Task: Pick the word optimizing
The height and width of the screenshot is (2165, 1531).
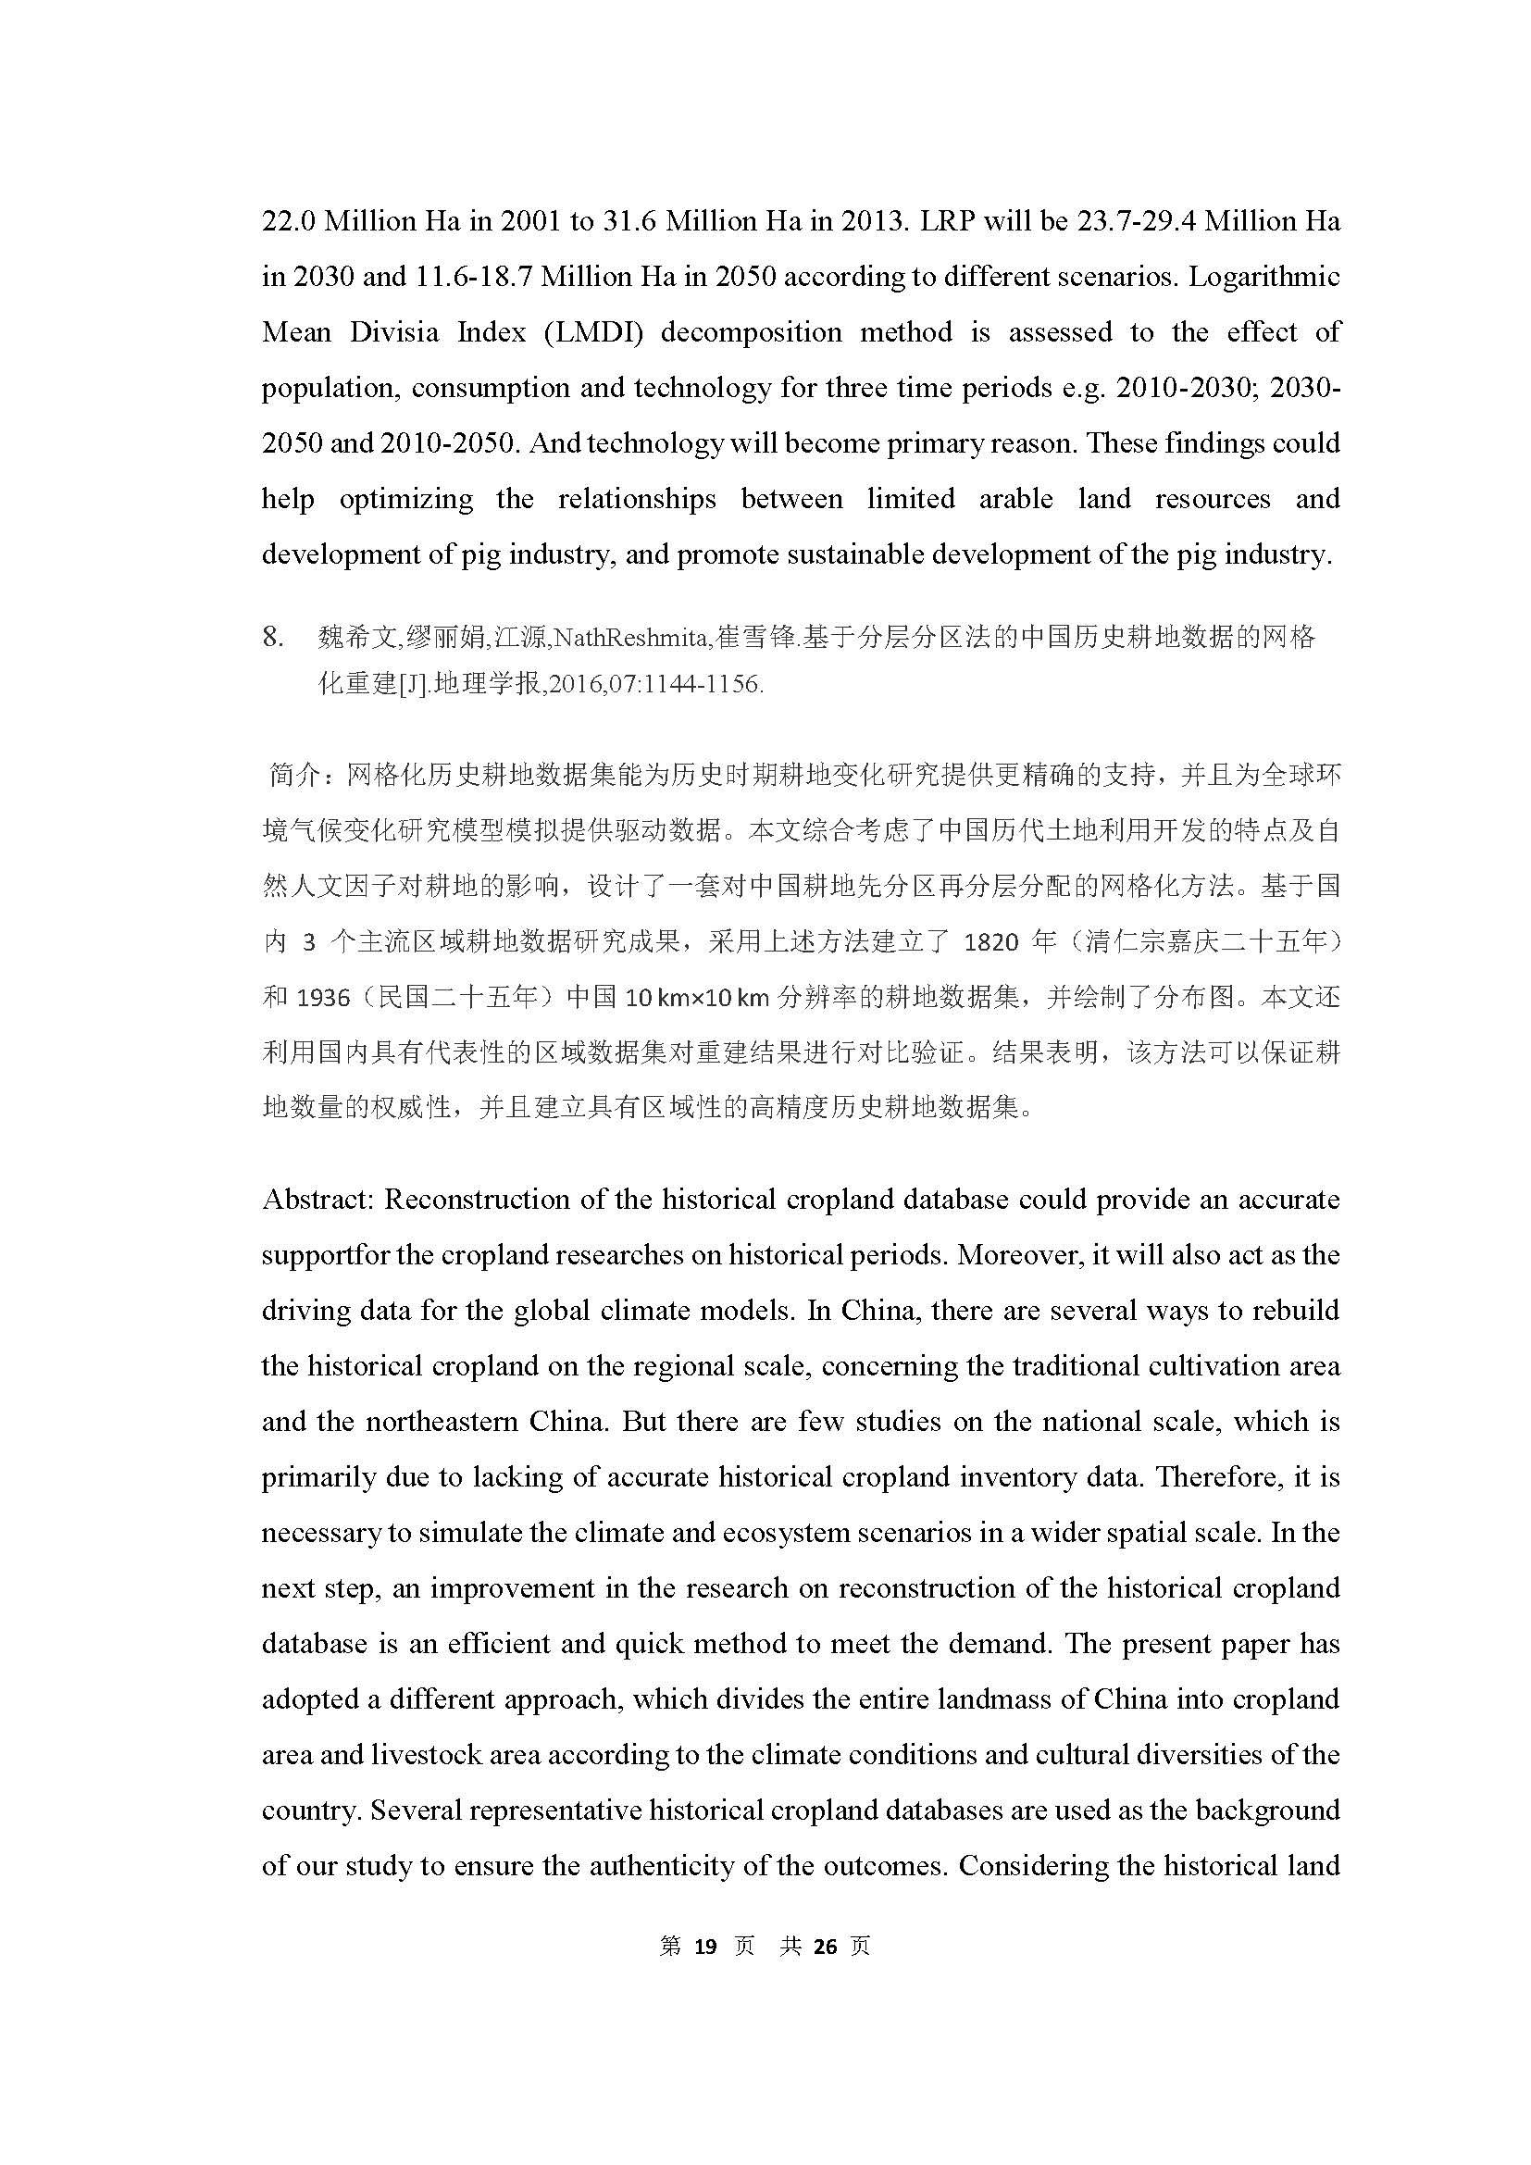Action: click(x=405, y=499)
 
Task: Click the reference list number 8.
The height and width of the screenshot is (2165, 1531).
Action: click(x=272, y=639)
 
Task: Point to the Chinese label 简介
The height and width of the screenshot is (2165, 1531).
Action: click(x=295, y=775)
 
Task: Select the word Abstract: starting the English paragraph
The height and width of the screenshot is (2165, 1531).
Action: click(x=319, y=1200)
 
